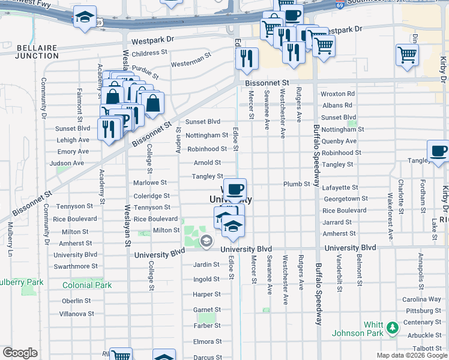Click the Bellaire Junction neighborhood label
click(x=37, y=51)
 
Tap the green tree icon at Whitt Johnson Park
click(x=393, y=328)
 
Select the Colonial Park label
click(x=87, y=286)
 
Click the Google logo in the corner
click(x=19, y=353)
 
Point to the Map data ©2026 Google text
click(x=411, y=355)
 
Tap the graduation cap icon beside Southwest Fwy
click(x=85, y=17)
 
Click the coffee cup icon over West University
click(x=235, y=189)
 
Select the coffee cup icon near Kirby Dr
click(x=438, y=151)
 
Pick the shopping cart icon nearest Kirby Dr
click(x=407, y=55)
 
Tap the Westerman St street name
click(x=191, y=62)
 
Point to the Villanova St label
click(x=76, y=314)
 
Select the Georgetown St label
click(x=345, y=199)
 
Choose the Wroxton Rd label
click(x=337, y=94)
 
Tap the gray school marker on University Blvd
click(x=206, y=241)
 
